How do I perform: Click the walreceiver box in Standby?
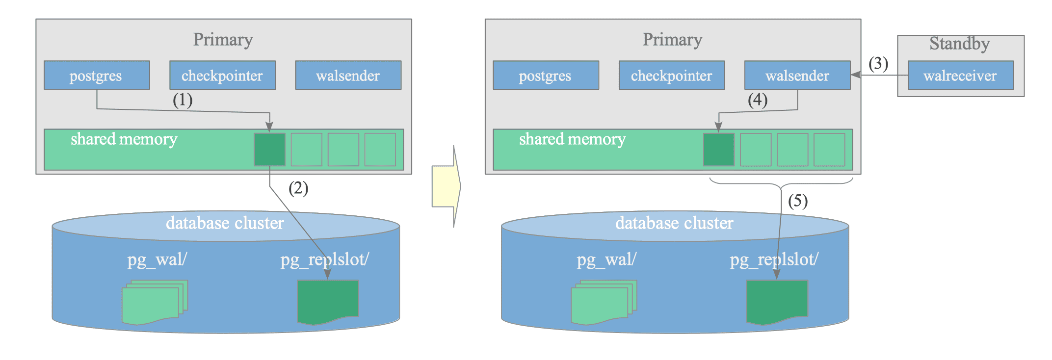pyautogui.click(x=960, y=75)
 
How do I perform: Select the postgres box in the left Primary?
pyautogui.click(x=97, y=75)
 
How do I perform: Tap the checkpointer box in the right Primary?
pyautogui.click(x=672, y=75)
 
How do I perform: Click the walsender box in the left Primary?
pyautogui.click(x=348, y=75)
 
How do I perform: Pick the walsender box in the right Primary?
pyautogui.click(x=797, y=75)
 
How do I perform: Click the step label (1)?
pyautogui.click(x=183, y=100)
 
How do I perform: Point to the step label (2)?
pyautogui.click(x=298, y=188)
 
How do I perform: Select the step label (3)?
pyautogui.click(x=878, y=64)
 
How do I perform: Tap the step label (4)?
pyautogui.click(x=758, y=100)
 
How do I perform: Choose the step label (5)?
pyautogui.click(x=798, y=201)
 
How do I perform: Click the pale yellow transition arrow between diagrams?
pyautogui.click(x=446, y=186)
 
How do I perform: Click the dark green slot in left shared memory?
pyautogui.click(x=270, y=150)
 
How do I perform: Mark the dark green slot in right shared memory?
pyautogui.click(x=719, y=150)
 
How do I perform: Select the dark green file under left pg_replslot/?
pyautogui.click(x=328, y=302)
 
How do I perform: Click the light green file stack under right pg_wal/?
pyautogui.click(x=604, y=302)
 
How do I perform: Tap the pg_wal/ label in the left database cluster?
pyautogui.click(x=157, y=259)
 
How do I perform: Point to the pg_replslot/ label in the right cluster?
pyautogui.click(x=774, y=259)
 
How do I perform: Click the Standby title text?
pyautogui.click(x=960, y=44)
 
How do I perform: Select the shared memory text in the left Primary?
pyautogui.click(x=124, y=139)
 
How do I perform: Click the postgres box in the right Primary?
pyautogui.click(x=546, y=75)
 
